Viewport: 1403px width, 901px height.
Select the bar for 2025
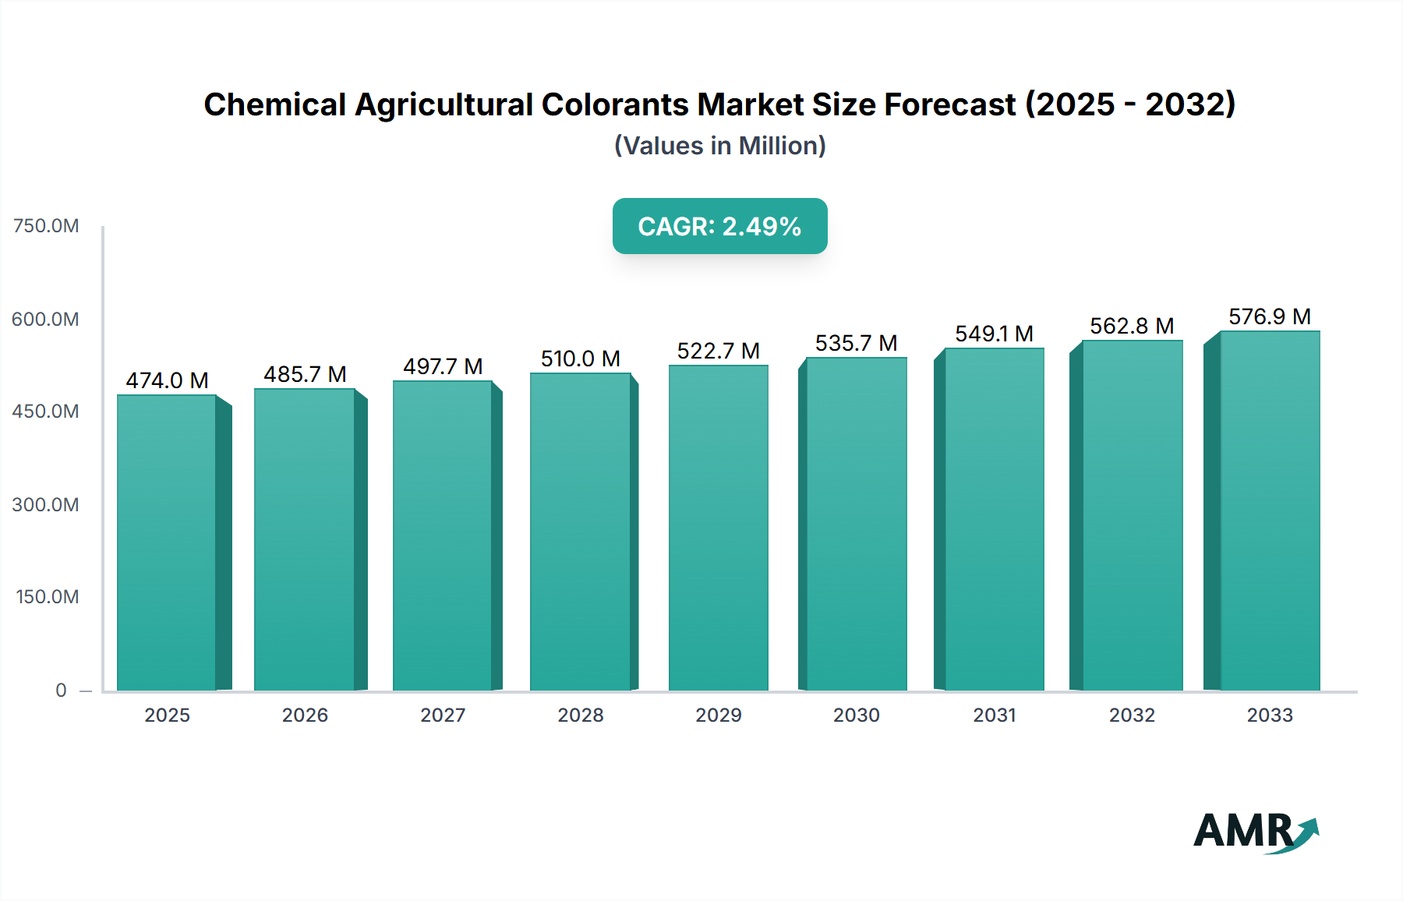167,542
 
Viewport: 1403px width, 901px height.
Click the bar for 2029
718,528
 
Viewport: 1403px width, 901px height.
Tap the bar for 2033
1270,511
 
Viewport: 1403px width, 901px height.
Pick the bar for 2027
442,535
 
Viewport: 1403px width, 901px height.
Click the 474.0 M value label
167,380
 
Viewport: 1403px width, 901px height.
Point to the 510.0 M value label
580,359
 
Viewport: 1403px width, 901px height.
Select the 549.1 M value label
994,334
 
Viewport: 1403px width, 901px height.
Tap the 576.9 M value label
1270,316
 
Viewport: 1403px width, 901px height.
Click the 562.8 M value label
1132,326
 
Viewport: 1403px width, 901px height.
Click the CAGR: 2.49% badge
719,226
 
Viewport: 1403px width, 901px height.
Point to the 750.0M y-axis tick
46,226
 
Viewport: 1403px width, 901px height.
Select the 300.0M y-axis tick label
46,504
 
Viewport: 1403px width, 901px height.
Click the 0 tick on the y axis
61,690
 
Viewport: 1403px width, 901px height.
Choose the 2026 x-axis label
305,715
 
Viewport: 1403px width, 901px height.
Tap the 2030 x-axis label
856,715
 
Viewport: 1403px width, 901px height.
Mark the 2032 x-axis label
1132,715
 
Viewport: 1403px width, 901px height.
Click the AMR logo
1254,832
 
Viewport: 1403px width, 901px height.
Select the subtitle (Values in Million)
719,146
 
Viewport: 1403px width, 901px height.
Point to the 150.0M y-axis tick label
48,597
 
